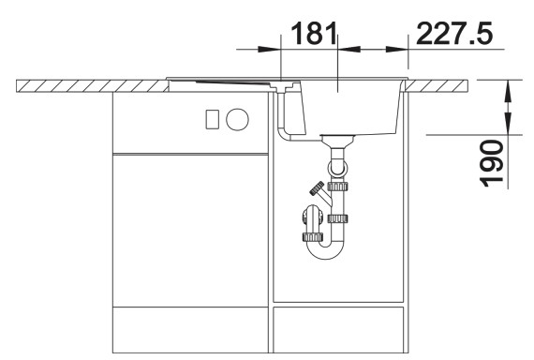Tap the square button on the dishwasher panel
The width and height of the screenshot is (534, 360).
[212, 119]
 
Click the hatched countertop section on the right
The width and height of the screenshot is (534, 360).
[440, 86]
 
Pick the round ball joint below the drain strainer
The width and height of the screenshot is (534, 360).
[337, 168]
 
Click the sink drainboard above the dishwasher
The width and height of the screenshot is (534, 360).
[225, 82]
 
